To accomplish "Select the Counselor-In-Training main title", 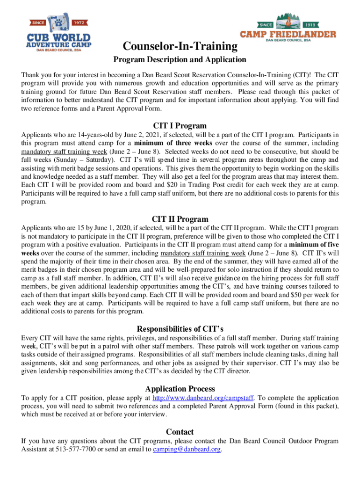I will click(x=180, y=46).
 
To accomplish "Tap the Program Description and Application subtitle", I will click(x=180, y=59).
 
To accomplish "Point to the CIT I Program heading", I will click(x=180, y=125).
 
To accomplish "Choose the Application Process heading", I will click(x=180, y=389).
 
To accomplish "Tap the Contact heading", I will click(x=180, y=431).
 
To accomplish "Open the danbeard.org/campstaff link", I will click(x=203, y=398).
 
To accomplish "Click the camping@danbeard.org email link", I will click(x=187, y=450).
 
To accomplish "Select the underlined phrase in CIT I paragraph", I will click(x=52, y=152).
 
